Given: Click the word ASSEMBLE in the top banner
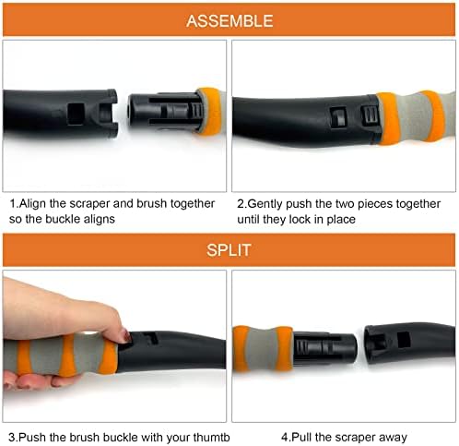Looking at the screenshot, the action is tap(229, 21).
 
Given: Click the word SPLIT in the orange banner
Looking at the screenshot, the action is tap(229, 250).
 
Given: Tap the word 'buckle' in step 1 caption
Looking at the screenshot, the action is tap(63, 219).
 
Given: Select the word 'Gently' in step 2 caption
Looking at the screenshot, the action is tap(264, 204).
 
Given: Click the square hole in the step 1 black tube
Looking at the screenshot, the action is tap(76, 114).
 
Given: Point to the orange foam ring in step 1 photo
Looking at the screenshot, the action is tap(210, 111).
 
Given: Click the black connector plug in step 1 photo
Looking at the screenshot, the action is tap(166, 111).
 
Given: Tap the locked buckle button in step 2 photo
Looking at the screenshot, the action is tap(338, 117).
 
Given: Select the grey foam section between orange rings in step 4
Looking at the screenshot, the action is tap(262, 348).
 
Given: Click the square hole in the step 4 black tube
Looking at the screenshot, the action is tap(404, 340).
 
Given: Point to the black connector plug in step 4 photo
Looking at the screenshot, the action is tap(324, 348).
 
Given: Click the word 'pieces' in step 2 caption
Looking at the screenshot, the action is tap(376, 204).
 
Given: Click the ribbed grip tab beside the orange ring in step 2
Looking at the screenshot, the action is tap(370, 115).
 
